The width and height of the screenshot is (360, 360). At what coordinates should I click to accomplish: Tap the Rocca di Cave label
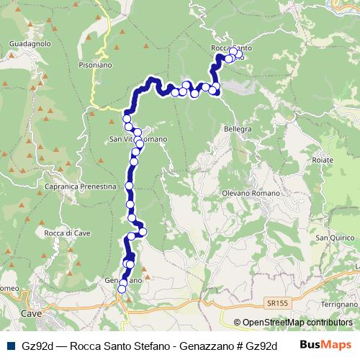[66, 233]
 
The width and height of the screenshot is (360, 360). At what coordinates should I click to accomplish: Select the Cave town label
[31, 315]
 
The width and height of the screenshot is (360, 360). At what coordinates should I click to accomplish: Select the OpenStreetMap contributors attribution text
[298, 323]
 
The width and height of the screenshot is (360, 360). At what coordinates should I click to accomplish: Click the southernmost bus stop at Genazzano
[122, 289]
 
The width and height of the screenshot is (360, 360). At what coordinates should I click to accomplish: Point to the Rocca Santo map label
[230, 48]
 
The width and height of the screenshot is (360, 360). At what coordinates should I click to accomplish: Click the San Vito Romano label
[138, 138]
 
